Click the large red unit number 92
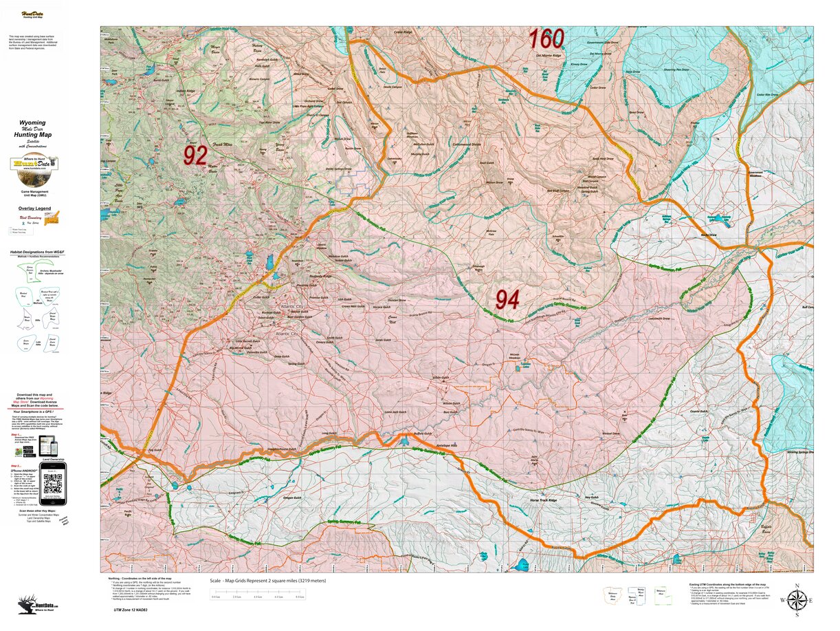click(x=195, y=156)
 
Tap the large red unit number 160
click(x=546, y=39)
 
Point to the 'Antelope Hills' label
click(x=445, y=445)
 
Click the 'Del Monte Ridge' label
click(x=548, y=55)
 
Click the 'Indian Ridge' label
click(x=186, y=91)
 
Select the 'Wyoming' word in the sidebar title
click(x=33, y=123)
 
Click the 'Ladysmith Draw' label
click(x=659, y=319)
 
